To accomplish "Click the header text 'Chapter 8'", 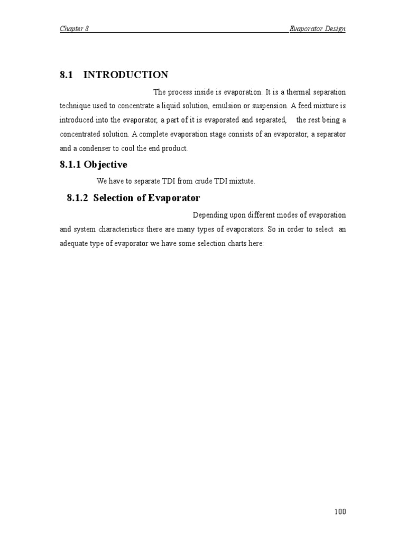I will pos(74,29).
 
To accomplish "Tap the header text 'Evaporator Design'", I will pos(317,29).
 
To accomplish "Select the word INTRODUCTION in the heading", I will pos(126,74).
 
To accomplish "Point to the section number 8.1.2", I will pos(78,198).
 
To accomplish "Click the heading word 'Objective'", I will pos(105,165).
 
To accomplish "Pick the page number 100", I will pos(340,511).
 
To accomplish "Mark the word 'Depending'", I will pos(210,216).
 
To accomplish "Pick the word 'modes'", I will pos(284,216).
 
